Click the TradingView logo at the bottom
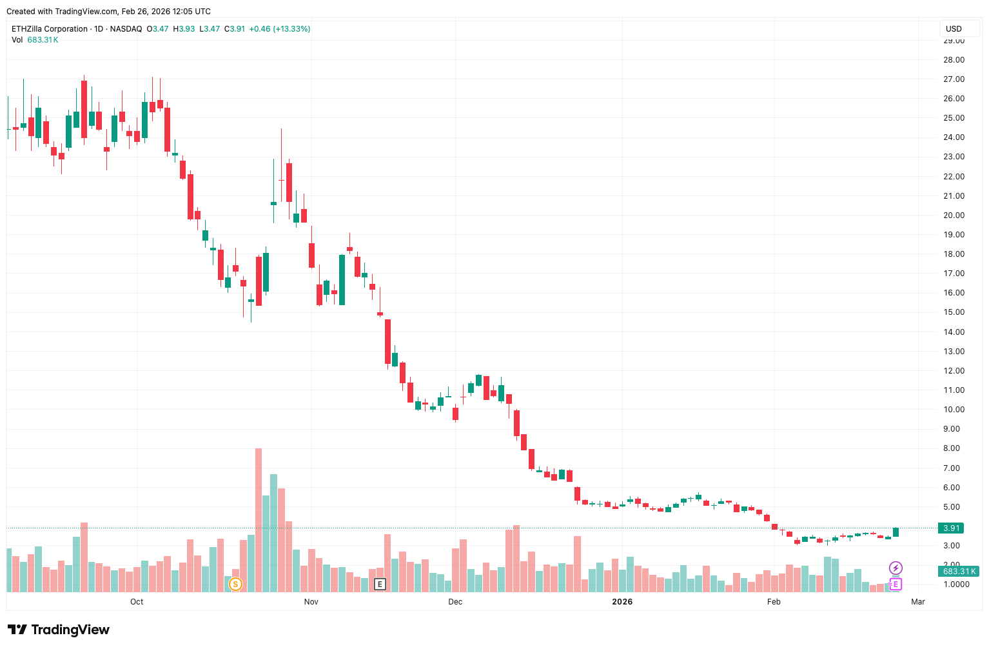coord(59,630)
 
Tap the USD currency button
coord(954,29)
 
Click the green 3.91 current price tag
coord(952,528)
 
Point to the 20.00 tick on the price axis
coord(954,215)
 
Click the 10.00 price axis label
coord(954,410)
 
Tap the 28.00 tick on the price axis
coord(954,60)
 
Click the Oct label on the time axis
coord(137,602)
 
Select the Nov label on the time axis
coord(311,602)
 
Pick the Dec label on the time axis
coord(455,602)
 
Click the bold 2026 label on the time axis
coord(622,602)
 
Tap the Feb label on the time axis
coord(774,602)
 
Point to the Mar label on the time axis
coord(918,602)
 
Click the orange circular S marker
coord(235,584)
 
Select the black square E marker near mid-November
coord(380,584)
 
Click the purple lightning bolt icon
coord(896,568)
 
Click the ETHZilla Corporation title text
coord(50,29)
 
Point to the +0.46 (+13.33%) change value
coord(280,29)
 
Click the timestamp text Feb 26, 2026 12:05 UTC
coord(166,12)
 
